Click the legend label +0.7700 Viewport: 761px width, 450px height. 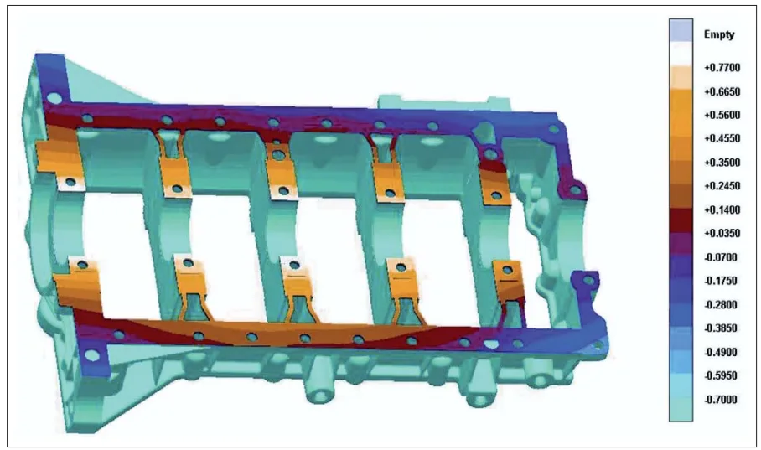point(721,65)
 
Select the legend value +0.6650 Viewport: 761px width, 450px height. point(721,91)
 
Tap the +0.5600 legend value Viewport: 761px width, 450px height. point(721,114)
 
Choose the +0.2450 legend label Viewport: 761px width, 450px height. point(721,185)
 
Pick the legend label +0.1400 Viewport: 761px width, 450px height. point(721,209)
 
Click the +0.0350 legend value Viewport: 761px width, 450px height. point(721,233)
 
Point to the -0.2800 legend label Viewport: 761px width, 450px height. point(721,304)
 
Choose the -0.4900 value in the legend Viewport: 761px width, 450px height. point(721,352)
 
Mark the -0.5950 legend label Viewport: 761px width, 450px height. point(721,375)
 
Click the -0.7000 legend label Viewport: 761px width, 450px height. point(721,400)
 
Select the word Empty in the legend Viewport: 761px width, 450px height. point(720,34)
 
